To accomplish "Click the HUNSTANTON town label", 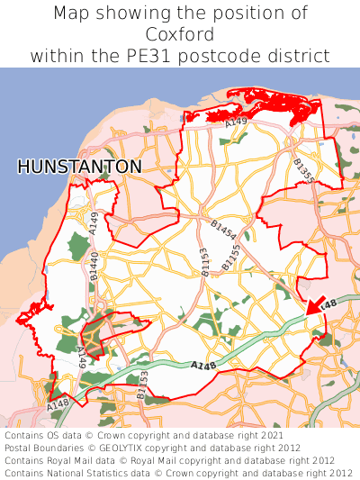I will tap(79, 168).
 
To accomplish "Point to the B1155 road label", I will tap(231, 260).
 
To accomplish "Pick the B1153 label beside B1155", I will tap(205, 261).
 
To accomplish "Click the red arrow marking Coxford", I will tap(314, 306).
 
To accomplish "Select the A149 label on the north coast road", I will tap(236, 121).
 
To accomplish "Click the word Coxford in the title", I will tap(180, 34).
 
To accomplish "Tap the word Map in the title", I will tap(69, 14).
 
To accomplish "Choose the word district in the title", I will tap(299, 56).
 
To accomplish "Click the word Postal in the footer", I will tap(19, 447).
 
